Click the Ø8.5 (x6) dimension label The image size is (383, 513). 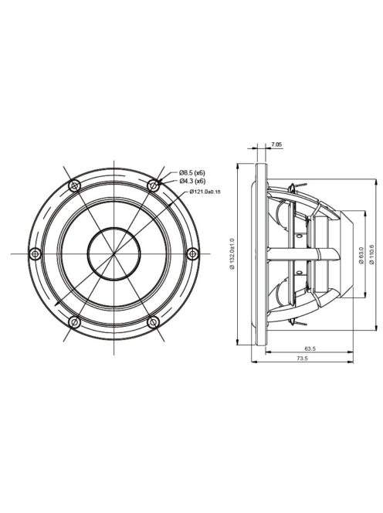(x=192, y=171)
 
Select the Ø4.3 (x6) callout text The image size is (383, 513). (x=192, y=180)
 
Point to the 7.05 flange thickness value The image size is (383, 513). (x=276, y=144)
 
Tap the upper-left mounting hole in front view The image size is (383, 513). (x=74, y=185)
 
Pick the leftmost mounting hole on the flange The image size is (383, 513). (x=35, y=253)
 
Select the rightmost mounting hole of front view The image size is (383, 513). (x=192, y=253)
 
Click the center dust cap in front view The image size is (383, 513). (x=114, y=253)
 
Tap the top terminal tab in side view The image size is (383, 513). (x=291, y=185)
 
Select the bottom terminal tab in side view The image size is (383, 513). (x=291, y=322)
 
